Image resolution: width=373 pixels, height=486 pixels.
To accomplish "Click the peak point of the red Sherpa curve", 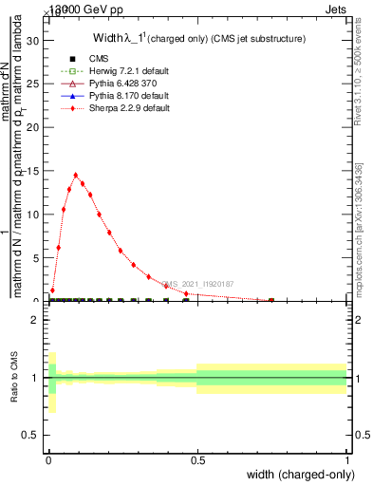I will [x=76, y=175].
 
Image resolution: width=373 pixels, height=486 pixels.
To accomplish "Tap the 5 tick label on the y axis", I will [x=38, y=257].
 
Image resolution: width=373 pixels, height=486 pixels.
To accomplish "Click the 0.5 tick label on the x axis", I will [x=197, y=461].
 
